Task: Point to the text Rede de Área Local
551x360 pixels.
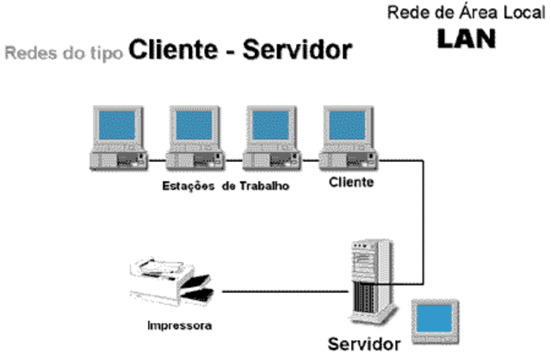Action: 466,13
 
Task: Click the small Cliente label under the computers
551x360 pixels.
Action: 350,183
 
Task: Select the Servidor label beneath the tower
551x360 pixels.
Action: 363,345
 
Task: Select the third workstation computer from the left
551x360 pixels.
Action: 272,140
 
